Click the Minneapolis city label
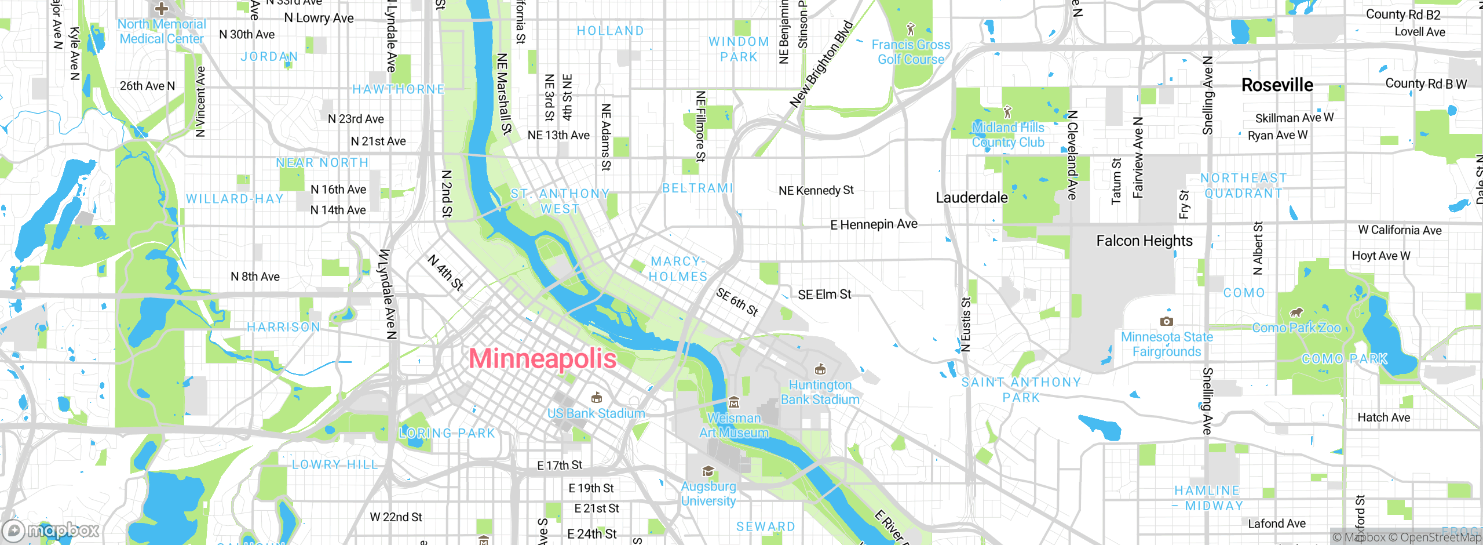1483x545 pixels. click(x=542, y=358)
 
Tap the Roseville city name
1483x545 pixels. click(x=1277, y=85)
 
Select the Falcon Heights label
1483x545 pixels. click(x=1144, y=241)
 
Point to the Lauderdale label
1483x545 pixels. click(x=971, y=198)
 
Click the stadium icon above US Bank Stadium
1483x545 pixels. click(x=596, y=398)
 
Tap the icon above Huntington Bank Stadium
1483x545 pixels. click(x=820, y=369)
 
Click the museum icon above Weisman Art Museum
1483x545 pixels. click(x=733, y=402)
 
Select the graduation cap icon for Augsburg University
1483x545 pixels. click(x=708, y=471)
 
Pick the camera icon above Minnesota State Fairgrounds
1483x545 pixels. click(x=1166, y=321)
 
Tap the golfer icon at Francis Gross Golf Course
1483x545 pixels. click(x=911, y=28)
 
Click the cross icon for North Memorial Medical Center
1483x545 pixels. click(x=162, y=8)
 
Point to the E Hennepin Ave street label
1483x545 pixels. click(x=874, y=224)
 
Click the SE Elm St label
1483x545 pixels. click(x=824, y=295)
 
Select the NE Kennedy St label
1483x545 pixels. click(x=816, y=190)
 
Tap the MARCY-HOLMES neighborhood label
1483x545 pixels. click(x=678, y=269)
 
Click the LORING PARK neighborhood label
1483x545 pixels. click(x=447, y=433)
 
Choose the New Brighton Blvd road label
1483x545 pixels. click(x=821, y=64)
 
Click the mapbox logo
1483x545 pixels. click(x=51, y=530)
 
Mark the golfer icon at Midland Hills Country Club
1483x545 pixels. click(x=1008, y=111)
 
